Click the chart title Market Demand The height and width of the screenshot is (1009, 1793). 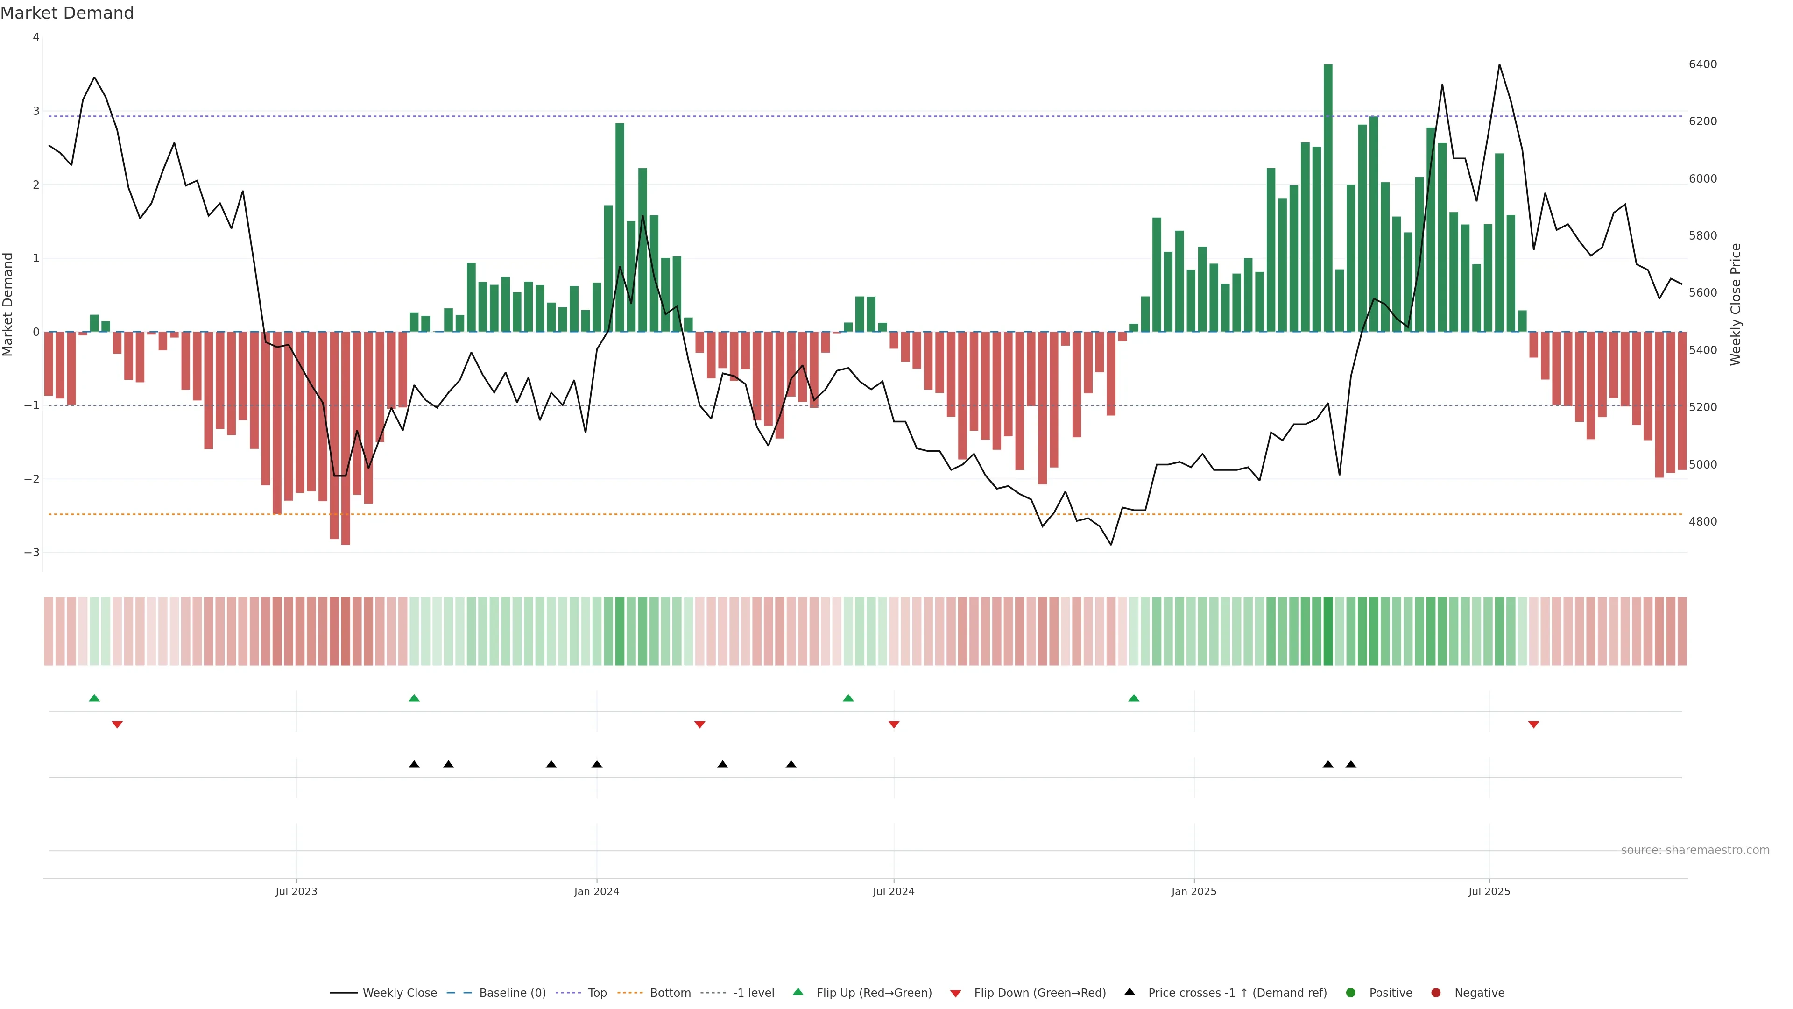pyautogui.click(x=67, y=13)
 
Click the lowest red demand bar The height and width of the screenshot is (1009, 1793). pyautogui.click(x=345, y=438)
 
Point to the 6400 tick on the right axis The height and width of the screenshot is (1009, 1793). pyautogui.click(x=1702, y=64)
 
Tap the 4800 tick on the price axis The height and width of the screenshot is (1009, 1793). pyautogui.click(x=1702, y=522)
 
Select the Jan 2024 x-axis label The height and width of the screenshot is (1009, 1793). pyautogui.click(x=597, y=891)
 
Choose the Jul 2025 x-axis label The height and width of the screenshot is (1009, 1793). pyautogui.click(x=1489, y=891)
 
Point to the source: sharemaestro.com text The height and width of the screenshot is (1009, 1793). pyautogui.click(x=1695, y=850)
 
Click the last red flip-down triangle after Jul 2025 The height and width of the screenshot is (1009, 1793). pyautogui.click(x=1533, y=725)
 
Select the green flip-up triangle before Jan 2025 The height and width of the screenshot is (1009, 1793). pyautogui.click(x=1134, y=698)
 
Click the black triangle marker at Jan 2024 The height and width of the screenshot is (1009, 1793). pyautogui.click(x=597, y=765)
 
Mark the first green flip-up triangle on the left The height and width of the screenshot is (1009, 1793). pyautogui.click(x=95, y=698)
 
